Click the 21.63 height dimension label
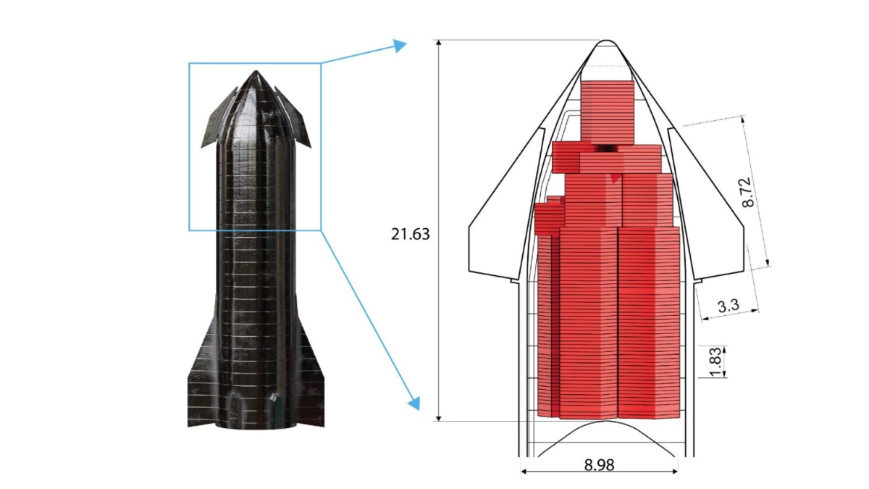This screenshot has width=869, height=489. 411,235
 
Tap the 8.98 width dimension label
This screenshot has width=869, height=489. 599,464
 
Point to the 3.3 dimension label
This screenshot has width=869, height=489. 729,306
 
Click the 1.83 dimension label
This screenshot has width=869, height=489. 715,362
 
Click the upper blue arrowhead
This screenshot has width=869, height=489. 400,46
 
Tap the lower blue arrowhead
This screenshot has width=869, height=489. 414,404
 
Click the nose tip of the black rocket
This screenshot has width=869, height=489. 256,71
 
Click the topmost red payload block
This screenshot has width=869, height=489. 607,113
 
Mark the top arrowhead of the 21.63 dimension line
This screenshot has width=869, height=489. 439,43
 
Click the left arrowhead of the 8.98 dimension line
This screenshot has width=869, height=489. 524,472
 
